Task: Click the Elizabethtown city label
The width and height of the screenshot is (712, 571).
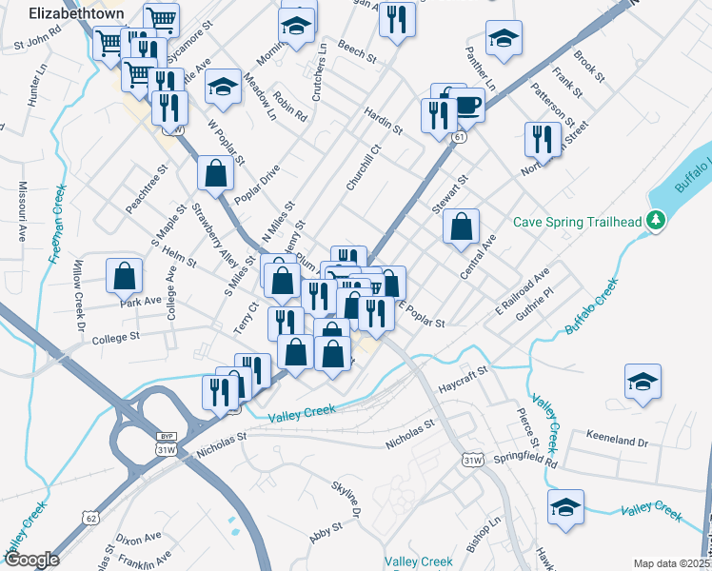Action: click(x=65, y=14)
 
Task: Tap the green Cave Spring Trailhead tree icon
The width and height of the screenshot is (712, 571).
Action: click(x=655, y=222)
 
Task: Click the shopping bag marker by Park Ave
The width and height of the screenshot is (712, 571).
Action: click(x=125, y=276)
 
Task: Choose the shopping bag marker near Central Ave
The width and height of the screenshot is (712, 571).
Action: click(x=462, y=227)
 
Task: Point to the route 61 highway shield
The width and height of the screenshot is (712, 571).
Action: click(x=460, y=139)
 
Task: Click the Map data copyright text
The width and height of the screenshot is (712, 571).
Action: click(x=672, y=563)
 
